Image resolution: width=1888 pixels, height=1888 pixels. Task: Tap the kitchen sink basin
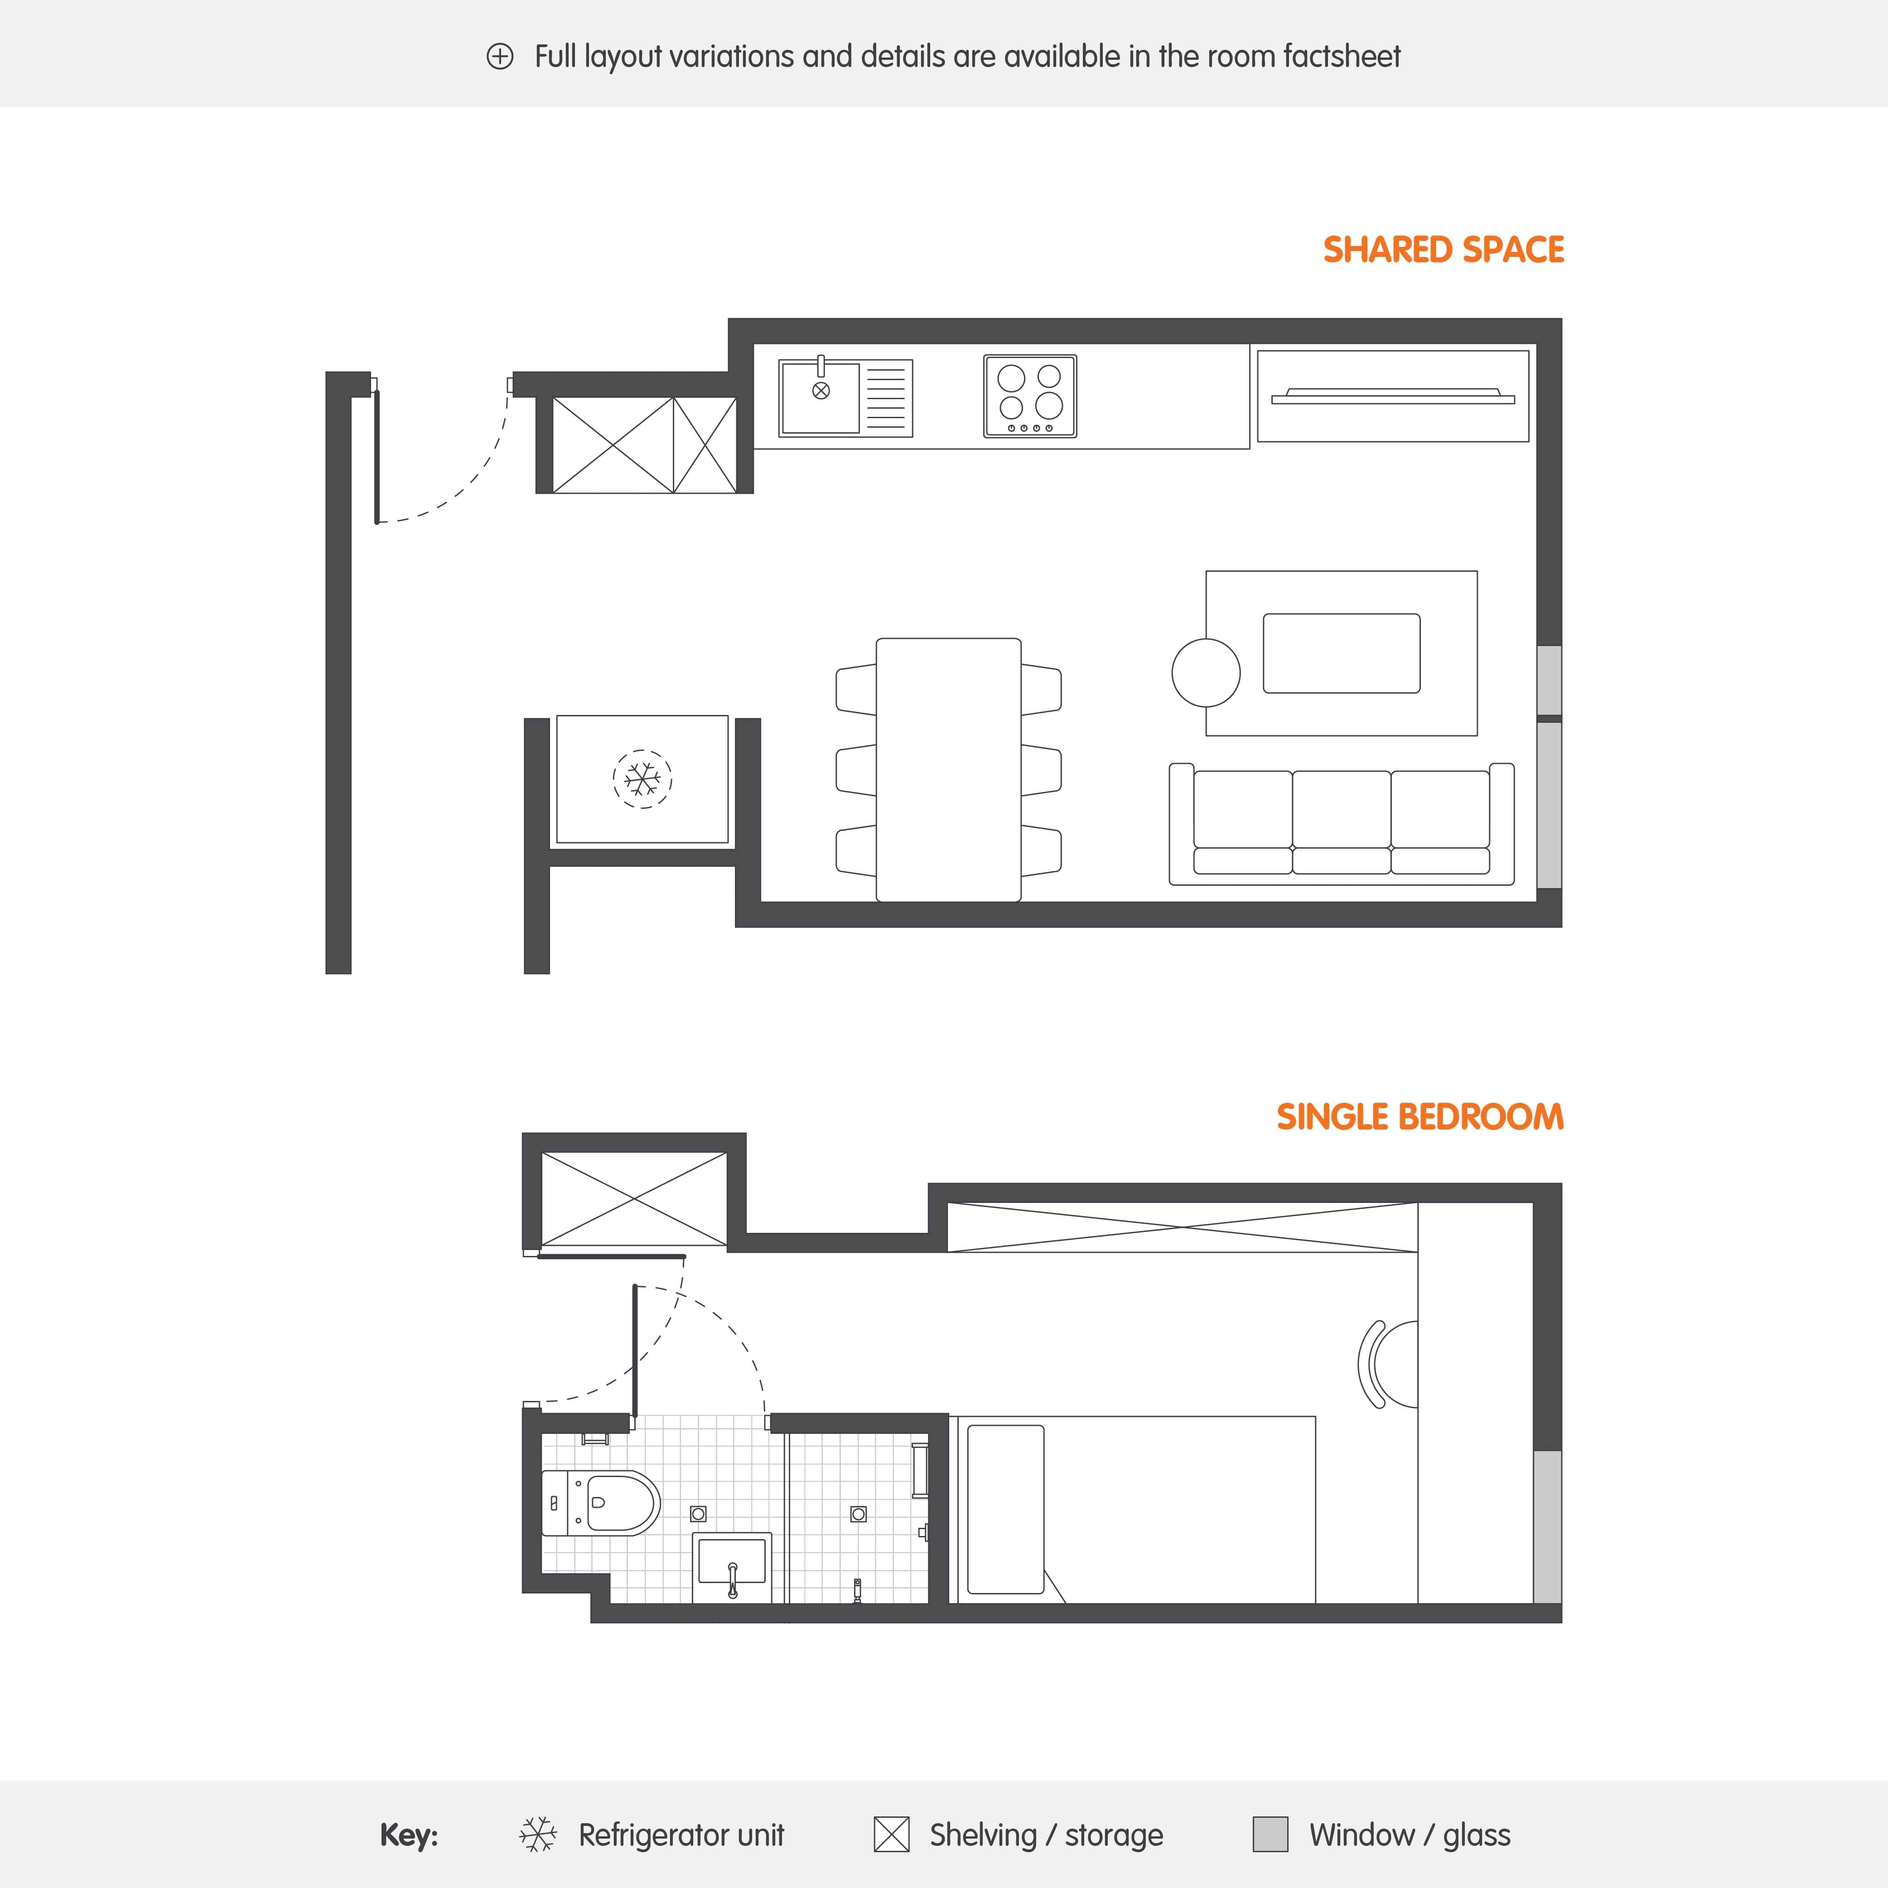[x=820, y=397]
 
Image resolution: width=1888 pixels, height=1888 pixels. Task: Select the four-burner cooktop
[x=1030, y=396]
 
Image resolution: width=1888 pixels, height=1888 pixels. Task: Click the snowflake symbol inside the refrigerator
[x=642, y=779]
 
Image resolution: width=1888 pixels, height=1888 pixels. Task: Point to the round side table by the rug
[x=1206, y=672]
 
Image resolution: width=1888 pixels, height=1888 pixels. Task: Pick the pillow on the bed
[x=1004, y=1509]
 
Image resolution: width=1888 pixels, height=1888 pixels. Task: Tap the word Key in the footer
[x=409, y=1835]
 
